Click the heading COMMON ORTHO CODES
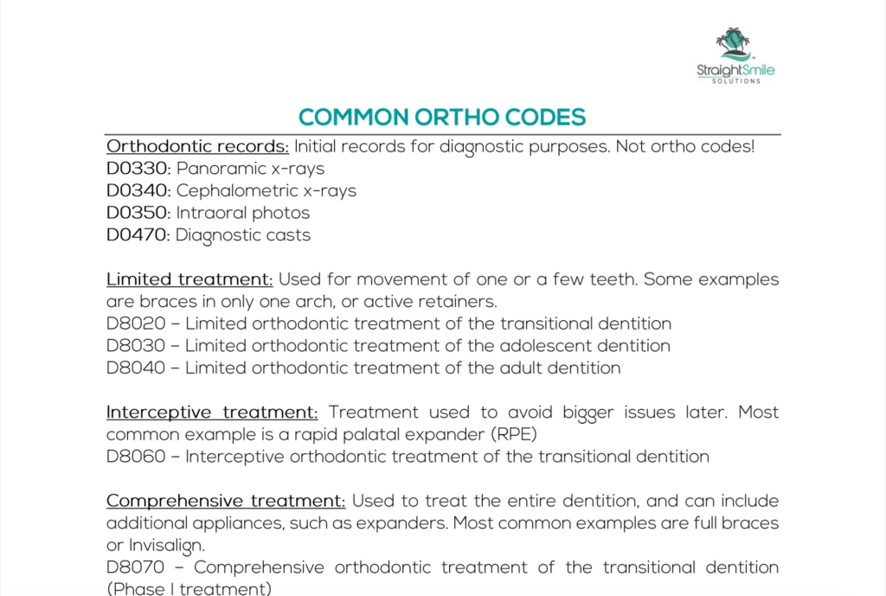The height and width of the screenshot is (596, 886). tap(442, 118)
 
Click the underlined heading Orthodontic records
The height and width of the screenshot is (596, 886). tap(198, 146)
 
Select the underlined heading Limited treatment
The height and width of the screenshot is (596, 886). tap(189, 279)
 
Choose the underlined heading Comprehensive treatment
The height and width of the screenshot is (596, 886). tap(226, 501)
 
